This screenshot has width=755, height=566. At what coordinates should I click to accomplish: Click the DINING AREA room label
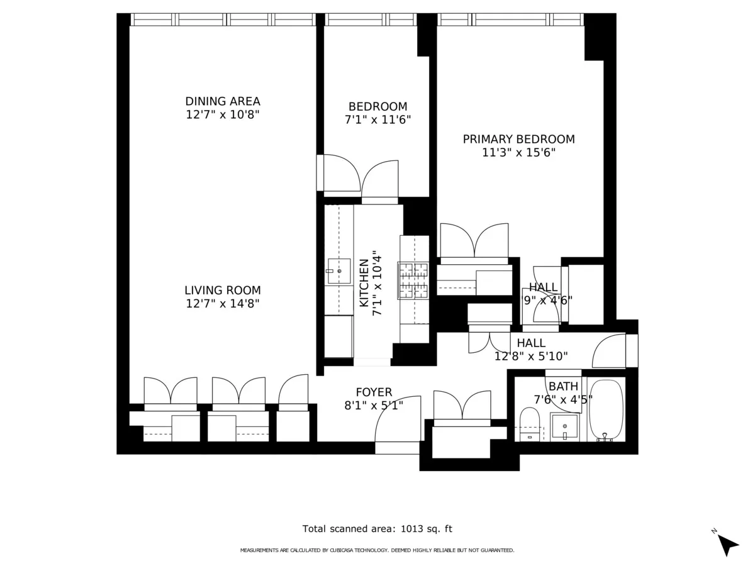[222, 101]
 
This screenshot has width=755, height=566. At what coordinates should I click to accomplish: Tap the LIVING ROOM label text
[222, 291]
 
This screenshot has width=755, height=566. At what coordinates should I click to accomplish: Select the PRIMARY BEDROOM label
[518, 139]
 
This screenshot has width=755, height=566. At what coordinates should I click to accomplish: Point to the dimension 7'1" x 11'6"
[377, 119]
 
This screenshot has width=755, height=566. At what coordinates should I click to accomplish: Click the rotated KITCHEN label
[364, 283]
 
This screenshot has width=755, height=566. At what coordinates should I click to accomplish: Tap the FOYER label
[374, 392]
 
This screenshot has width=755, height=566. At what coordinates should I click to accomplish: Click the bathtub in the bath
[607, 410]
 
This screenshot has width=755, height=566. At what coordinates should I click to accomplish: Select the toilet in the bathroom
[529, 425]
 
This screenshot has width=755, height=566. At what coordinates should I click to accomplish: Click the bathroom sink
[564, 427]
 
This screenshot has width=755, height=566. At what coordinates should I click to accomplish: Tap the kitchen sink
[338, 271]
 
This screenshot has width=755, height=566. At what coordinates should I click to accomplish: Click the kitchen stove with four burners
[413, 280]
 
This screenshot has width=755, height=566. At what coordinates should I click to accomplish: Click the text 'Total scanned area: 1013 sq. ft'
[377, 529]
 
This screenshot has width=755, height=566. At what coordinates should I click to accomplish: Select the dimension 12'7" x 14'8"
[222, 304]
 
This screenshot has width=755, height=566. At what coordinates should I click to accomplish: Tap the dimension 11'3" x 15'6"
[518, 152]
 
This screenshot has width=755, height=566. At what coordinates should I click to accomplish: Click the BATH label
[562, 386]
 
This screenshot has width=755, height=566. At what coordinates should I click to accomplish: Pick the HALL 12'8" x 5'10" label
[531, 350]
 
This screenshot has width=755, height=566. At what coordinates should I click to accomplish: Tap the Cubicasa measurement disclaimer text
[377, 550]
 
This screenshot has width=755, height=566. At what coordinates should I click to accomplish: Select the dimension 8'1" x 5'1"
[374, 406]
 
